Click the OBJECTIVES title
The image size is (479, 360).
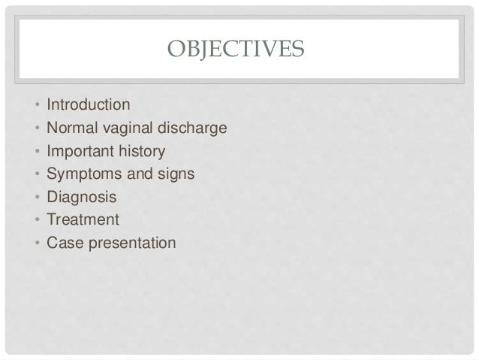point(236,50)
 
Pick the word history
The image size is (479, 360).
point(140,151)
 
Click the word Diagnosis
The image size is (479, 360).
point(82,197)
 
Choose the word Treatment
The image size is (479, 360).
point(83,220)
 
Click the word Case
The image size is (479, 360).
point(62,244)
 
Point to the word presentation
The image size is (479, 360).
point(128,244)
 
